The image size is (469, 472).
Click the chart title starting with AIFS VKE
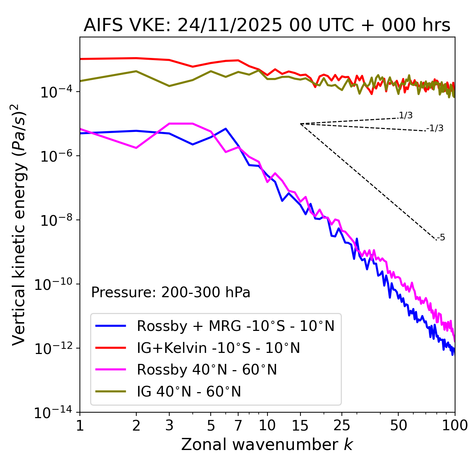[267, 26]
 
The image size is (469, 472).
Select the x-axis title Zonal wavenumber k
[267, 444]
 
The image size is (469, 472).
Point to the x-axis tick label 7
[238, 425]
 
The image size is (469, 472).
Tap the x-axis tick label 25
[341, 425]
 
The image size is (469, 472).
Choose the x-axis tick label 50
[398, 425]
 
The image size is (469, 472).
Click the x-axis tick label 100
[455, 425]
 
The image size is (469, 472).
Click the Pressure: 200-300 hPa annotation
[170, 292]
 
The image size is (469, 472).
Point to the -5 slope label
[441, 237]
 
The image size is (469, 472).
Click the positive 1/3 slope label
[406, 115]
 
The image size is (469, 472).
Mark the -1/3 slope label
[435, 128]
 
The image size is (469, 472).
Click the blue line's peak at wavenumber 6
[226, 129]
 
